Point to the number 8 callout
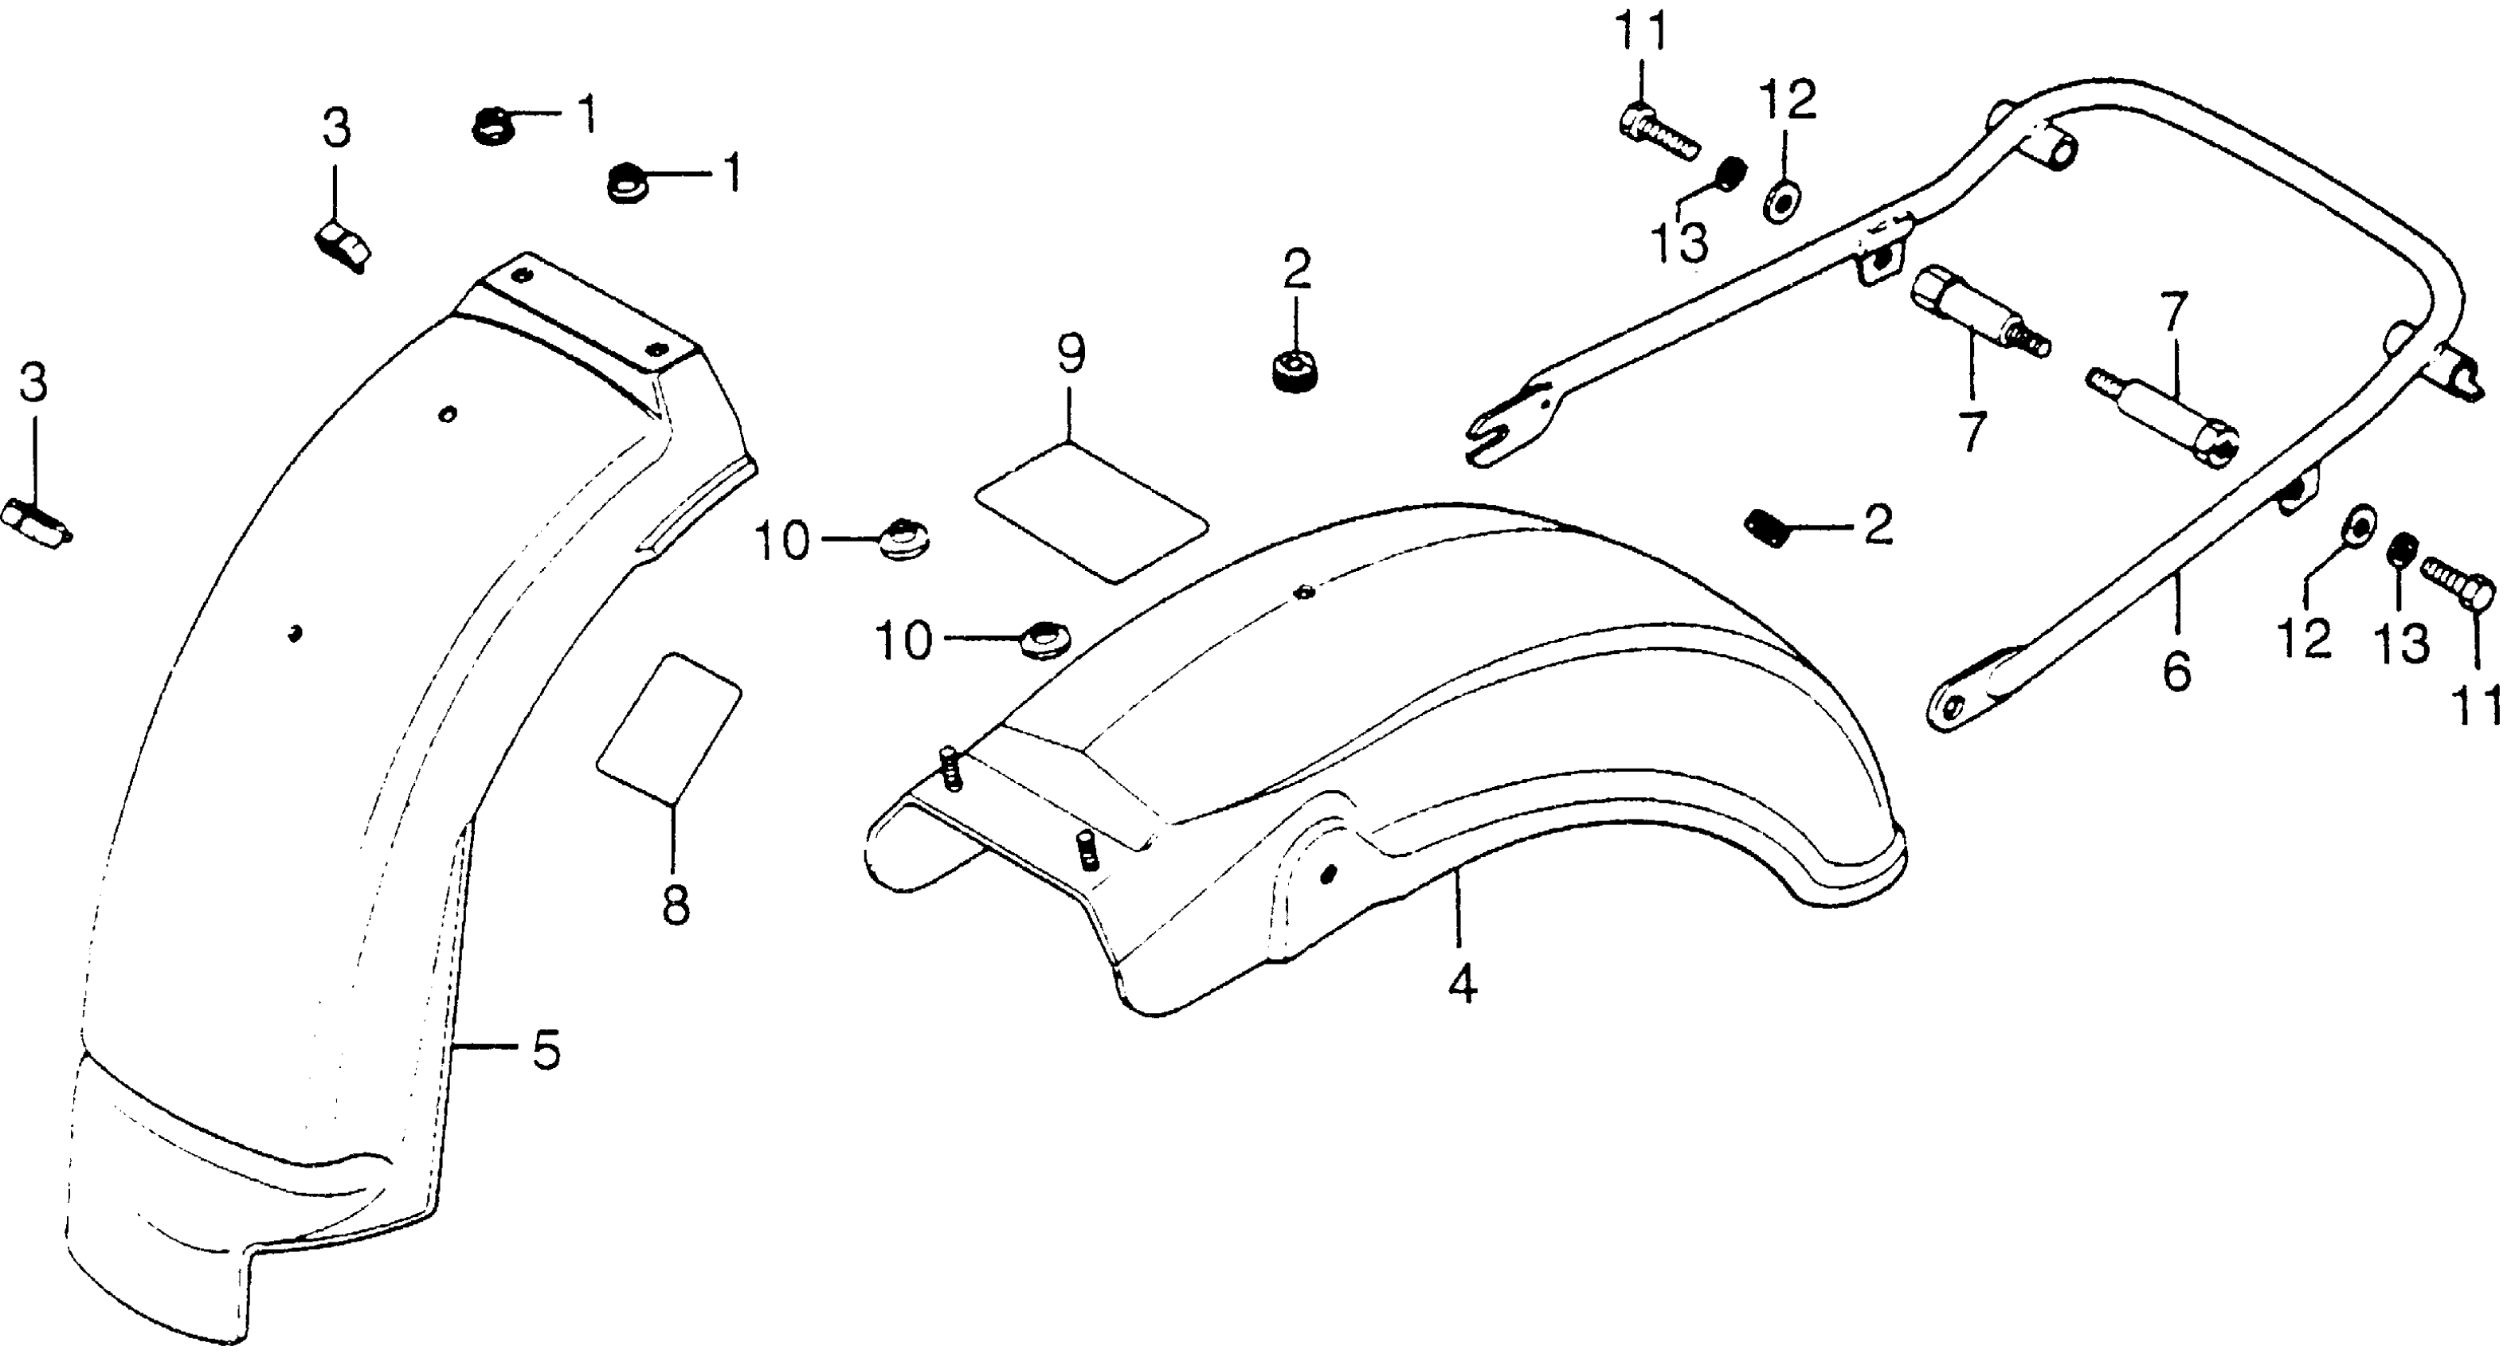[x=675, y=905]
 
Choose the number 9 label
[x=1071, y=356]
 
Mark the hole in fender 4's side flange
[x=1326, y=875]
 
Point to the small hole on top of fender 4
[x=1303, y=592]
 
